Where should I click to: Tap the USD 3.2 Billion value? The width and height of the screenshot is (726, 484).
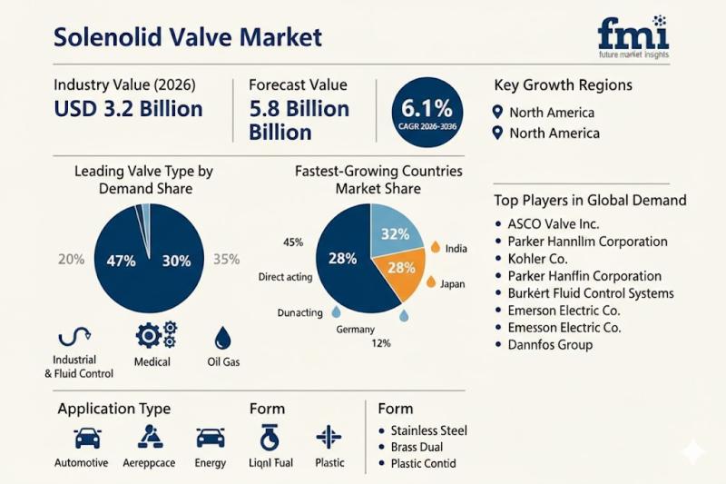pos(128,109)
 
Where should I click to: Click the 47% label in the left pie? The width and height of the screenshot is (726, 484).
pos(121,261)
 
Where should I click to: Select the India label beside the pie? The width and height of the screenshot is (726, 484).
pos(456,248)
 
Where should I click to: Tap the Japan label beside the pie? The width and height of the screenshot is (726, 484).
pos(452,283)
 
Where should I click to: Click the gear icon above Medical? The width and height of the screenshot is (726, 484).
pos(155,335)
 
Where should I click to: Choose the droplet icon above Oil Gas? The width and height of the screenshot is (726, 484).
pos(222,339)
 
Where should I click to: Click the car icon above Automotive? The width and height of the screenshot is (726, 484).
pos(87,438)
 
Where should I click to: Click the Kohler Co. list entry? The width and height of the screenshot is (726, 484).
pos(538,258)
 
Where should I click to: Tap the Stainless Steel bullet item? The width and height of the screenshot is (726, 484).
pos(428,430)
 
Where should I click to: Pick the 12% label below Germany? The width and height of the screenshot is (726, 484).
pos(382,344)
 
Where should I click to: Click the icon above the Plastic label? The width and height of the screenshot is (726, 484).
pos(329,438)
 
